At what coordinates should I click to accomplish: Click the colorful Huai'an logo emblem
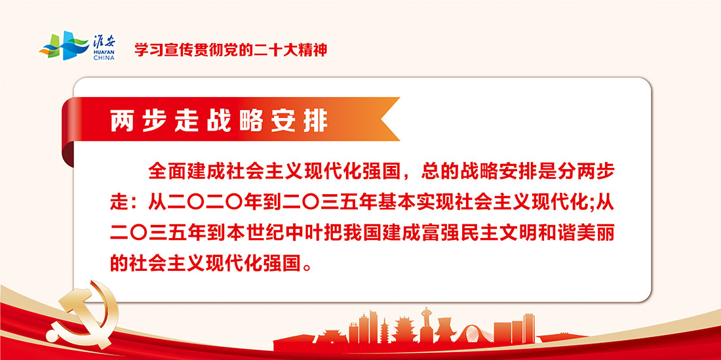pos(64,45)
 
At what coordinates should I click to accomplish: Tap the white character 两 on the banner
pos(121,121)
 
